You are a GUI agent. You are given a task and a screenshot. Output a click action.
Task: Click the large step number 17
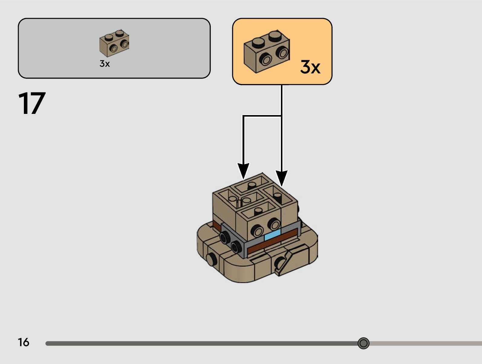32,103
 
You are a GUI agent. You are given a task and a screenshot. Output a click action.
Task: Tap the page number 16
23,342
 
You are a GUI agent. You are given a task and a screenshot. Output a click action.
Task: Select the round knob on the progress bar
363,343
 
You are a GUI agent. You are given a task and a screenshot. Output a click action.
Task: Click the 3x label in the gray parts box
105,64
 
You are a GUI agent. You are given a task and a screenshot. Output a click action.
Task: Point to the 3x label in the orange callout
310,67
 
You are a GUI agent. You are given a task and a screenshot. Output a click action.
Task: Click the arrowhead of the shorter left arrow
243,171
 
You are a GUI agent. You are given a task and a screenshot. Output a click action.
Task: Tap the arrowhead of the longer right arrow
282,178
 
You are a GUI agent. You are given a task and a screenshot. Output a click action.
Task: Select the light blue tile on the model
272,235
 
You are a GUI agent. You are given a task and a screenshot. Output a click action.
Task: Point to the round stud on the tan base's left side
211,259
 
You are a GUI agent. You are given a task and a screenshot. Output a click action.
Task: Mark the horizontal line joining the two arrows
262,116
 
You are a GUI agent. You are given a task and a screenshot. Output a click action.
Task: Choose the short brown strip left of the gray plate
216,225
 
